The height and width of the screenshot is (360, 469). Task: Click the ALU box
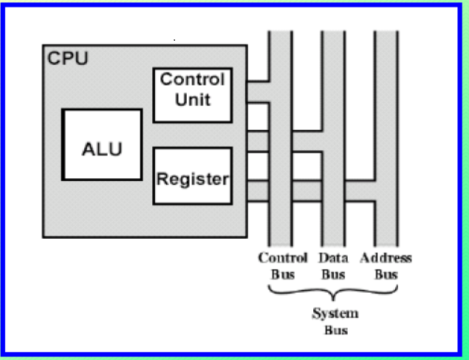(x=102, y=145)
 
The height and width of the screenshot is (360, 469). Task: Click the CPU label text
(x=67, y=58)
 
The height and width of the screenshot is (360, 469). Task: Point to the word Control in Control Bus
(x=282, y=258)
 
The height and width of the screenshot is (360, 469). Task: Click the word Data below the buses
(x=333, y=258)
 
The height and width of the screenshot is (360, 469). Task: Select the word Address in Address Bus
(x=386, y=258)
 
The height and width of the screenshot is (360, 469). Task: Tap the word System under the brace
(x=334, y=313)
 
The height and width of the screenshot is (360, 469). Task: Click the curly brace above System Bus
(x=334, y=293)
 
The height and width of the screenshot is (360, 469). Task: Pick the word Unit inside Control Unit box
(x=192, y=98)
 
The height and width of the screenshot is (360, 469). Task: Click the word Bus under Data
(x=334, y=274)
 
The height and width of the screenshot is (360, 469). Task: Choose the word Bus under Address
(x=386, y=274)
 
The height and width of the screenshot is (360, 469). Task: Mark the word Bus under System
(x=335, y=330)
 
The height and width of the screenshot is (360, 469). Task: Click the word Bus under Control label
(x=282, y=274)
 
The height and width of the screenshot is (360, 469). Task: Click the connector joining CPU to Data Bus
(x=284, y=142)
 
